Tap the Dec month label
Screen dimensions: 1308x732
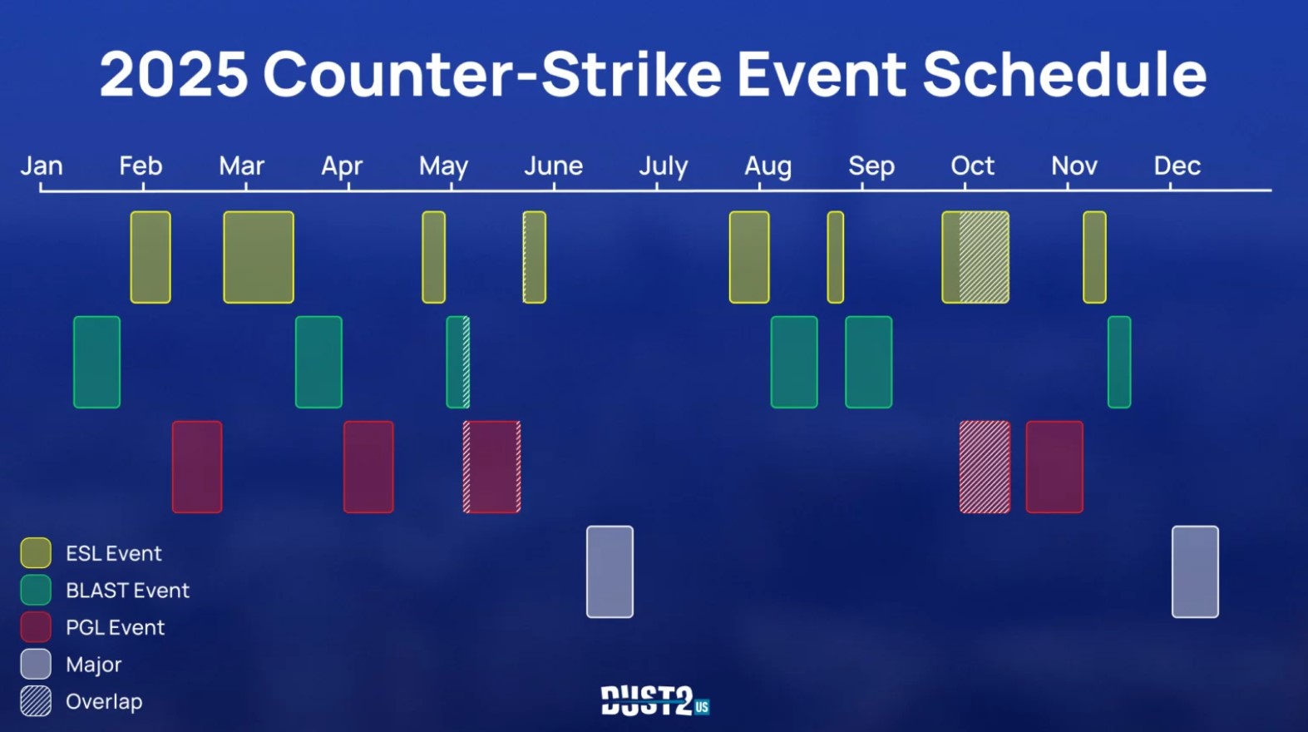1177,166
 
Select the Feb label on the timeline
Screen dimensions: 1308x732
141,166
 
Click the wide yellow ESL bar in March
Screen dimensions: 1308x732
259,257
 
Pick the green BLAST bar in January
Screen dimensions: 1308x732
97,362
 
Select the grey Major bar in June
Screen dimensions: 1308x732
610,572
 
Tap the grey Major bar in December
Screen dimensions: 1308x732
1195,572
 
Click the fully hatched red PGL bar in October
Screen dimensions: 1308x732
985,467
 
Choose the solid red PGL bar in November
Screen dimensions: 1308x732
1054,467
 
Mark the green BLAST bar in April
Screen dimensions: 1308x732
318,362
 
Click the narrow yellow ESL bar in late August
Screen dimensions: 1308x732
836,257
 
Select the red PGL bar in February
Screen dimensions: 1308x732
197,467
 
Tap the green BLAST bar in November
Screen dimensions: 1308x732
1119,362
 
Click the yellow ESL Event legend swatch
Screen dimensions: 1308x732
36,552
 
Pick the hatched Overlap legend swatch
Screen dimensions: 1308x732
36,701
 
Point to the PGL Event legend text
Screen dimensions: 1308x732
115,627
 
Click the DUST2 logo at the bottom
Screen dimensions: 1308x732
655,700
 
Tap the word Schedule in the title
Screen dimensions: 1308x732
1064,74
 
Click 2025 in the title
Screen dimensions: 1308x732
174,74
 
